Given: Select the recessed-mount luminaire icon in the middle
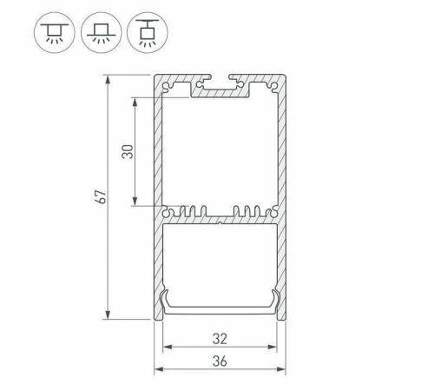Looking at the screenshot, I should click(x=96, y=32).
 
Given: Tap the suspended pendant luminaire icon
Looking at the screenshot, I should click(x=141, y=32).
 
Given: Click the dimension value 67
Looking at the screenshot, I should click(x=102, y=197).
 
